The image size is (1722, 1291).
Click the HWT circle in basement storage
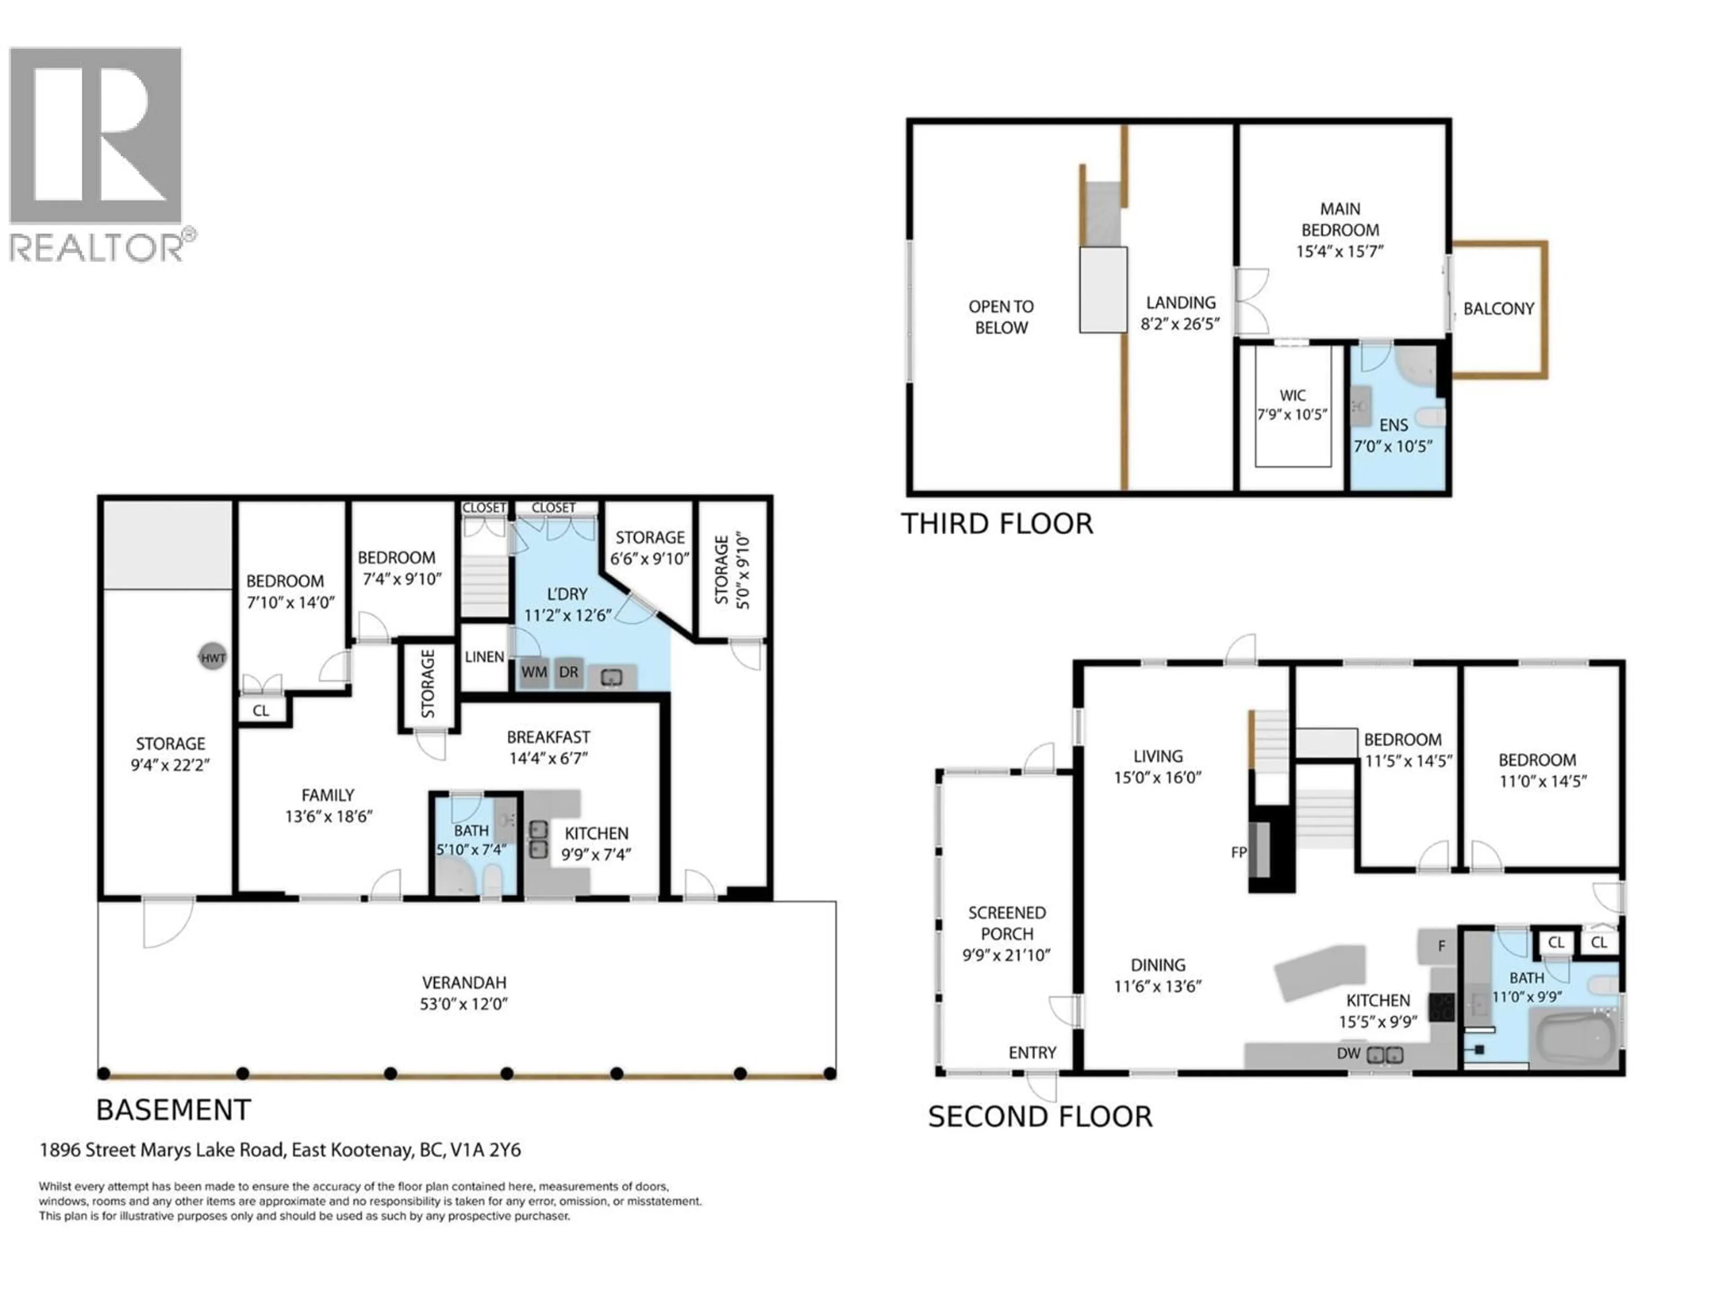pos(213,658)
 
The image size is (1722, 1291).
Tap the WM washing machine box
pos(534,671)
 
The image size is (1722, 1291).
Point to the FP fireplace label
pos(1239,852)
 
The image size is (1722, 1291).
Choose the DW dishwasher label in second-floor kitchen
pos(1348,1054)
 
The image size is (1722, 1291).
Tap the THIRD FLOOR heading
pos(996,524)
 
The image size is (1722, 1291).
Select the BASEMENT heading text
pos(173,1110)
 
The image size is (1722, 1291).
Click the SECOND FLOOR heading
pos(1039,1117)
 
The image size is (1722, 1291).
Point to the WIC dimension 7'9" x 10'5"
pos(1292,415)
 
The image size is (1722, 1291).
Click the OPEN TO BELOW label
pos(1001,317)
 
